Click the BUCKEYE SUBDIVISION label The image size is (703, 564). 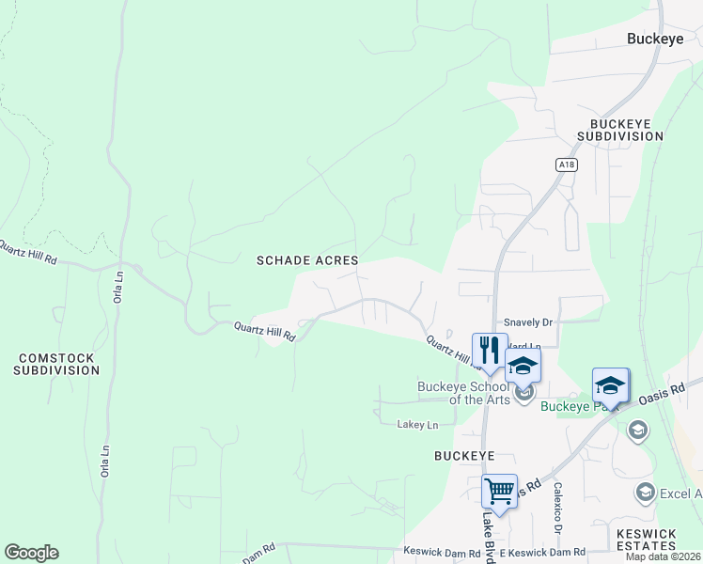click(x=626, y=130)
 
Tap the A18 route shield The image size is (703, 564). click(x=566, y=164)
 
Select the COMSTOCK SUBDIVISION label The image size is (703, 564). click(x=56, y=364)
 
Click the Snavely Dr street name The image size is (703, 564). click(x=528, y=321)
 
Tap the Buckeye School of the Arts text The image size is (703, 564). click(x=464, y=393)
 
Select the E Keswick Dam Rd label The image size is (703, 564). click(x=542, y=552)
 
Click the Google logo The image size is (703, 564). click(x=31, y=552)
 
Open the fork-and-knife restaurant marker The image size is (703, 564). click(x=489, y=352)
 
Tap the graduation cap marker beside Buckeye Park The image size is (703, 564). click(x=610, y=385)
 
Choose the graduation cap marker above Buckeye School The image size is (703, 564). click(x=523, y=366)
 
